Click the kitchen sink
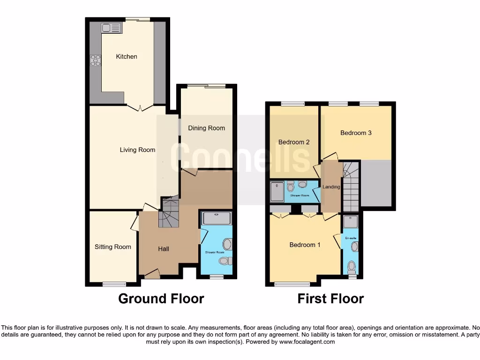click(x=112, y=28)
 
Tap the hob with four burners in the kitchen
click(x=95, y=60)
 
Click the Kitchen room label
click(x=127, y=57)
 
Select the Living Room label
click(x=137, y=150)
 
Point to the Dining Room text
click(x=206, y=128)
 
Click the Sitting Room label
click(x=112, y=247)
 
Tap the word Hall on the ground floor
click(x=163, y=249)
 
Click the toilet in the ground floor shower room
click(x=224, y=261)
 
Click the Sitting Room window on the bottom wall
click(x=114, y=284)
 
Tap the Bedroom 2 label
click(x=294, y=142)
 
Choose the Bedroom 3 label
click(x=356, y=133)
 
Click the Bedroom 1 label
click(x=305, y=245)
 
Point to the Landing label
click(x=331, y=187)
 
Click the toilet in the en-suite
click(x=352, y=267)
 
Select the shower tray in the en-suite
click(x=350, y=222)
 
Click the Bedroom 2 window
click(x=292, y=104)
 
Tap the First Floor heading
click(x=330, y=299)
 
